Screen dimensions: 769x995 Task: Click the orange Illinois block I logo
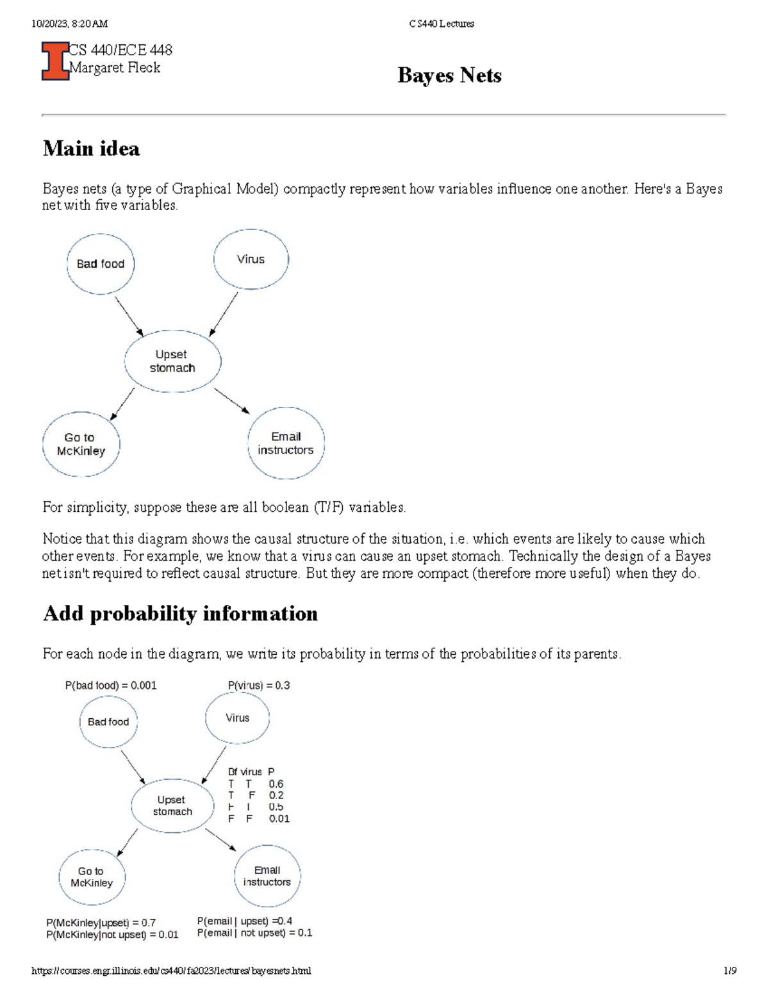[x=55, y=61]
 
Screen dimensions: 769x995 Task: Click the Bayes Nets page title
[x=449, y=76]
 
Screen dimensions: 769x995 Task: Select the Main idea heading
[x=91, y=149]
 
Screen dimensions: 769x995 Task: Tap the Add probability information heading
[x=180, y=614]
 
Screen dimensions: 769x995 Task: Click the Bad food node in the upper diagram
[x=101, y=264]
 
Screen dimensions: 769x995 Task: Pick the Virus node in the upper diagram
[x=251, y=259]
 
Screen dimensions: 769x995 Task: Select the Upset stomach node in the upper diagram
[x=172, y=361]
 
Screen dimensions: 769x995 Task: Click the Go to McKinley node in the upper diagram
[x=81, y=444]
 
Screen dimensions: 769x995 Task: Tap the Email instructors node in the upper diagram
[x=286, y=443]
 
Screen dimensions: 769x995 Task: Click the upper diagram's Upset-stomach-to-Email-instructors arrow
[x=232, y=400]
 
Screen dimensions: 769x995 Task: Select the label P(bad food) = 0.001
[x=111, y=686]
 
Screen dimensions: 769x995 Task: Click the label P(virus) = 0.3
[x=259, y=686]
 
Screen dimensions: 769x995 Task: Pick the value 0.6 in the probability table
[x=276, y=784]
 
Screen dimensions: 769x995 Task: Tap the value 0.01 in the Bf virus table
[x=279, y=819]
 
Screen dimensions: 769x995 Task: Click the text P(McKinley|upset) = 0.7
[x=101, y=923]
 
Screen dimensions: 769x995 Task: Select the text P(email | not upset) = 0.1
[x=254, y=933]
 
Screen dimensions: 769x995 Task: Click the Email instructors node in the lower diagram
[x=267, y=876]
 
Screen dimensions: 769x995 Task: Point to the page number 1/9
[x=730, y=971]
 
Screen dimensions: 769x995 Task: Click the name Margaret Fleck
[x=115, y=68]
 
